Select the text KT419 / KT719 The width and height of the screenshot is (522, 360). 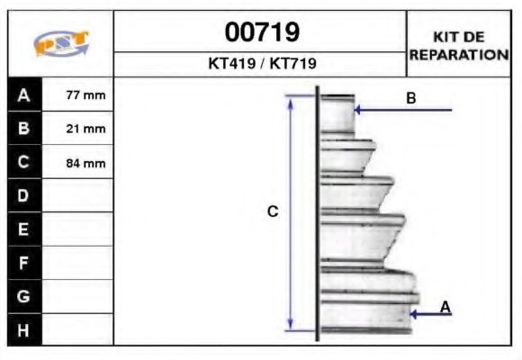pyautogui.click(x=261, y=65)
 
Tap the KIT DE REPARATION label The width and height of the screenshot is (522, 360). pyautogui.click(x=459, y=45)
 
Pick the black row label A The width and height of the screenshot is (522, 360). pyautogui.click(x=23, y=94)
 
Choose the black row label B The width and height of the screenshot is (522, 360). pyautogui.click(x=23, y=129)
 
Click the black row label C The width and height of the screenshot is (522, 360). pyautogui.click(x=23, y=163)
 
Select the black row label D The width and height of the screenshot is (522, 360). pyautogui.click(x=23, y=196)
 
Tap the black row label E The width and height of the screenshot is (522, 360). pyautogui.click(x=23, y=229)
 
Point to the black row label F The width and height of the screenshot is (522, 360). pyautogui.click(x=23, y=263)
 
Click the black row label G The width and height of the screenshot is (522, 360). pyautogui.click(x=23, y=296)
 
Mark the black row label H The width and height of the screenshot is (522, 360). pyautogui.click(x=23, y=329)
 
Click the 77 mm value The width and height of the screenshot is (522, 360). pyautogui.click(x=85, y=94)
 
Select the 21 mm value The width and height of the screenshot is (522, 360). pyautogui.click(x=85, y=129)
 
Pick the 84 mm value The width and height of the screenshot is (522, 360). pyautogui.click(x=85, y=163)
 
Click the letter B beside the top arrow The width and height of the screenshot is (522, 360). pyautogui.click(x=410, y=98)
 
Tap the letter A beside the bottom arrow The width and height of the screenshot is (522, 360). pyautogui.click(x=445, y=307)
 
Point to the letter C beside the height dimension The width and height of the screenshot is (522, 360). pyautogui.click(x=273, y=211)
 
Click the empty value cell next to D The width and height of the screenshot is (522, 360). pyautogui.click(x=78, y=196)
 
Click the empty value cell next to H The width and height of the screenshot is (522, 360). pyautogui.click(x=78, y=329)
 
